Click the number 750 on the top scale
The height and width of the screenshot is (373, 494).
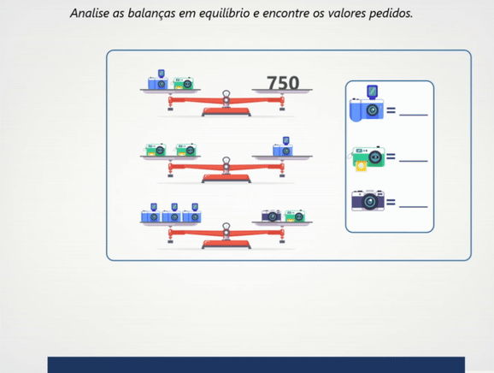coord(283,83)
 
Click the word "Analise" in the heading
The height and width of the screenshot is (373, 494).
coord(90,13)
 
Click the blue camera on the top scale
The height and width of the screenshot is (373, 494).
coord(158,80)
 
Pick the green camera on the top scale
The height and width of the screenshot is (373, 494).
coord(183,84)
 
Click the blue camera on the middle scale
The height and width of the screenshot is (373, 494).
coord(283,146)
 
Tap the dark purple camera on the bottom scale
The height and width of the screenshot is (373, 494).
coord(271,216)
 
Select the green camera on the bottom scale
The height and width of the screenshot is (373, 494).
coord(295,216)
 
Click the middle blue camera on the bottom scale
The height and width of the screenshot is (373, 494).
coord(172,213)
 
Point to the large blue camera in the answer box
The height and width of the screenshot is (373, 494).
coord(367,104)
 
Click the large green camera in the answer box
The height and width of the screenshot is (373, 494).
coord(367,158)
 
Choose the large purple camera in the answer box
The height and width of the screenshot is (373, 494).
coord(368,200)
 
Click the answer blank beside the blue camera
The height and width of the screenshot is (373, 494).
coord(414,115)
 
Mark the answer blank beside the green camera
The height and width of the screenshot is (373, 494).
coord(414,161)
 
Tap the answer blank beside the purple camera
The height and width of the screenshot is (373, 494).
coord(414,207)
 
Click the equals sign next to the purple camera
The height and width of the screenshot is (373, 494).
coord(391,202)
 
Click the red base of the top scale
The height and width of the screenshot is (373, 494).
coord(226,112)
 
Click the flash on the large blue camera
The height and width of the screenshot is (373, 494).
coord(373,92)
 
